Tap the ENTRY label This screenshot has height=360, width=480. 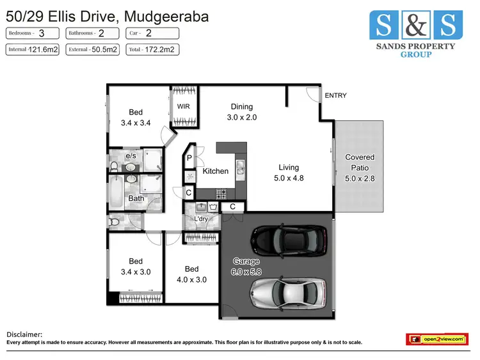point(335,95)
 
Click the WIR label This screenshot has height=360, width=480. point(183,107)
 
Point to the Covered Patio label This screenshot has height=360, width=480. point(360,162)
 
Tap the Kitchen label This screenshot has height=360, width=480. point(216,171)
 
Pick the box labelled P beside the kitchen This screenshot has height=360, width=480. point(190,157)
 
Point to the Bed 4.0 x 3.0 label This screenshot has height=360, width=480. point(191,274)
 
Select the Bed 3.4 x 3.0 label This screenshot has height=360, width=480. point(136,266)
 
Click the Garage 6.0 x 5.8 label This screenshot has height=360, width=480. point(246,267)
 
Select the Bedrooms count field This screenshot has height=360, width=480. point(33,33)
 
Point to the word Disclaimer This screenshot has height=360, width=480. point(24,334)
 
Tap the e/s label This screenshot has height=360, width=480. point(131,155)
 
